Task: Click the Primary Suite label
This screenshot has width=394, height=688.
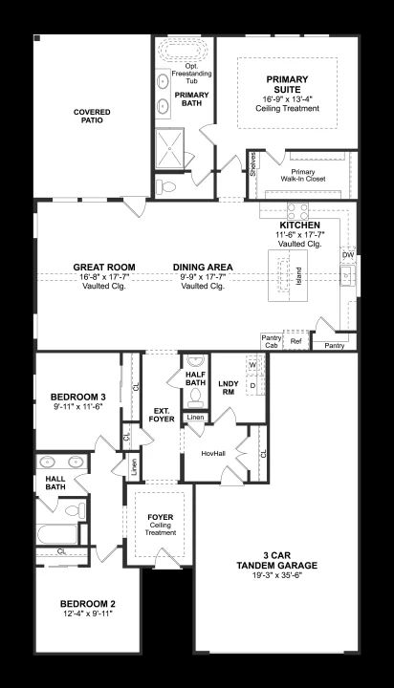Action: click(287, 85)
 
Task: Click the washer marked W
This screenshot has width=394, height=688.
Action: click(252, 365)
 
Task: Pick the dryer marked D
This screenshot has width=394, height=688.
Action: click(253, 385)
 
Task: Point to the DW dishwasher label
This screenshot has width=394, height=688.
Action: click(348, 255)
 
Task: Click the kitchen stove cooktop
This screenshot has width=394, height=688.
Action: click(297, 211)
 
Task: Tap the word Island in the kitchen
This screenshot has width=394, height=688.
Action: click(298, 276)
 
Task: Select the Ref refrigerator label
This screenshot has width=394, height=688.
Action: click(296, 341)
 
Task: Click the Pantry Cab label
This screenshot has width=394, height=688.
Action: click(272, 341)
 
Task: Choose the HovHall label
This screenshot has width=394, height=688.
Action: click(213, 453)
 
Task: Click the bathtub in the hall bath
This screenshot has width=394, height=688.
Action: click(57, 533)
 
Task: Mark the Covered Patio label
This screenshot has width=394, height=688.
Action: click(92, 116)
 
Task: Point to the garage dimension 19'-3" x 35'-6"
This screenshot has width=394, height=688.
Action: click(276, 575)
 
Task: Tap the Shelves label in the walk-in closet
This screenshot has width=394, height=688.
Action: click(253, 164)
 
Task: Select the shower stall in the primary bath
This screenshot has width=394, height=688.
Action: click(169, 148)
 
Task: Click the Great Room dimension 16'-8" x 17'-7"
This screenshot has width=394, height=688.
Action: click(104, 277)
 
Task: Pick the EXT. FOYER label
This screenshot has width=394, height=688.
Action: click(162, 415)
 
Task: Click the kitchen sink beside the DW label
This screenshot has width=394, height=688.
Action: click(346, 275)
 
